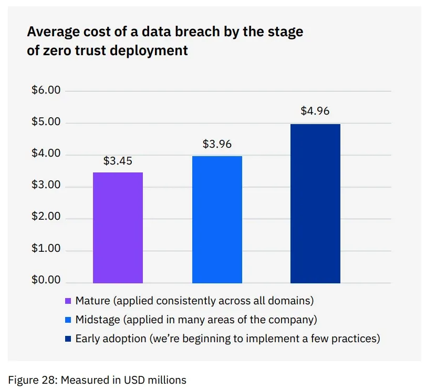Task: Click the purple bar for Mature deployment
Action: click(118, 228)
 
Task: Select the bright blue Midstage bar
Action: click(217, 219)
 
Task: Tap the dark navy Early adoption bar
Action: click(315, 203)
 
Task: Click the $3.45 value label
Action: click(118, 161)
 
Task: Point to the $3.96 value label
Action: click(217, 144)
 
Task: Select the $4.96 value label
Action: click(315, 111)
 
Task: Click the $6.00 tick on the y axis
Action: click(46, 90)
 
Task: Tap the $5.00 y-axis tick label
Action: click(46, 121)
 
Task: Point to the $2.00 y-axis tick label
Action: click(46, 216)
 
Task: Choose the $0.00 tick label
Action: click(46, 280)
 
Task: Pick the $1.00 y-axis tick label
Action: click(46, 248)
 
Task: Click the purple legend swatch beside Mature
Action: click(68, 301)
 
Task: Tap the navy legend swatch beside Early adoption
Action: click(68, 339)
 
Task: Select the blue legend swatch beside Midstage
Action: click(68, 320)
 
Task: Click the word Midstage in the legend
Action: click(98, 320)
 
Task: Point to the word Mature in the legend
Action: click(92, 301)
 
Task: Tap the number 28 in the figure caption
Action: click(49, 380)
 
